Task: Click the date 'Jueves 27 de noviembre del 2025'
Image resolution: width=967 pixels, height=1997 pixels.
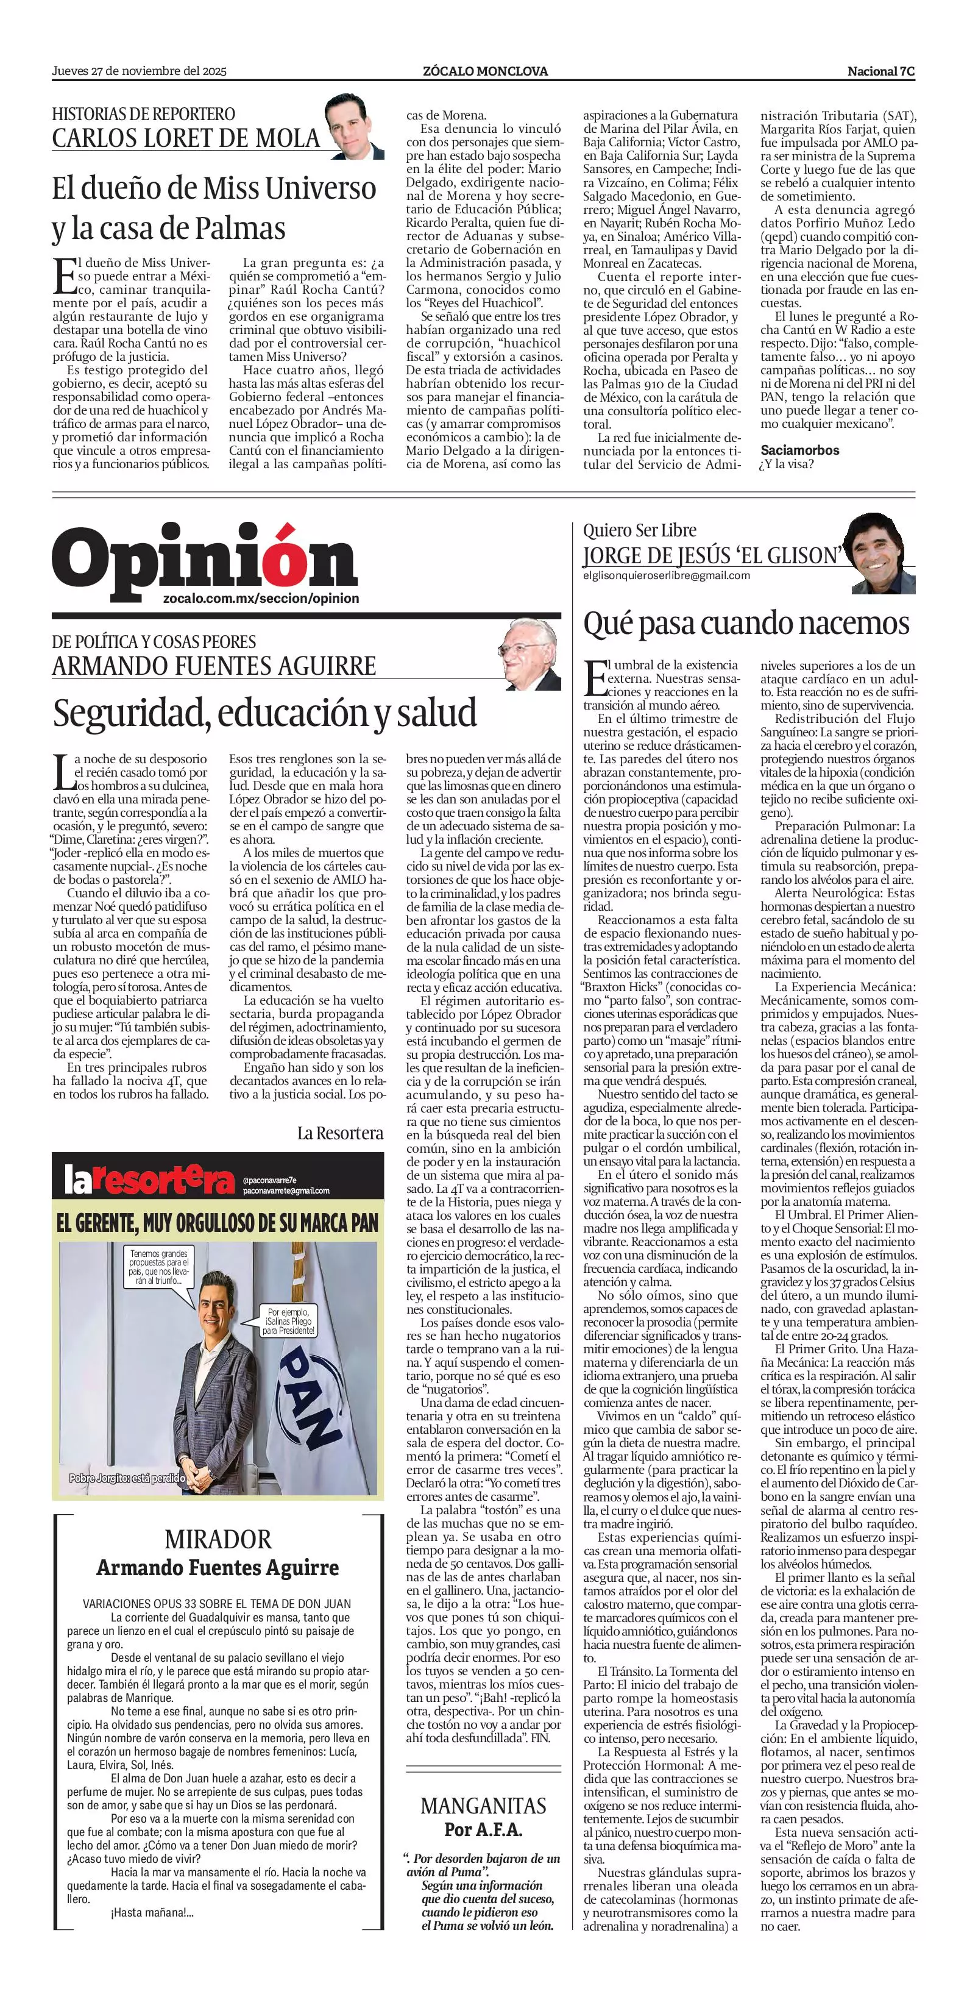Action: click(139, 71)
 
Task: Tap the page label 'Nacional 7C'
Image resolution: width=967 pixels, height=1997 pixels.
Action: click(881, 71)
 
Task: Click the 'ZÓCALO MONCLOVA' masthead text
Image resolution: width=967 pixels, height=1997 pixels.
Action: click(485, 71)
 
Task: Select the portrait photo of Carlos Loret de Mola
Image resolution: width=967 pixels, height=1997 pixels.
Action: click(354, 126)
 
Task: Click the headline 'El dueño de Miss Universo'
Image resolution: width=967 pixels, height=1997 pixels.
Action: click(214, 188)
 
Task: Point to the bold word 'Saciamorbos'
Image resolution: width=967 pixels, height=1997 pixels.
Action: click(799, 450)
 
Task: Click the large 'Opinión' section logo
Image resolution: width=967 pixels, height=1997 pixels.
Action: click(205, 559)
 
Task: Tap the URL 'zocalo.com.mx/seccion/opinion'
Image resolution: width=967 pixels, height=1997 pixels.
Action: click(261, 599)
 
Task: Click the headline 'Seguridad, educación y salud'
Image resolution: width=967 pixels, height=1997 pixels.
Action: click(264, 713)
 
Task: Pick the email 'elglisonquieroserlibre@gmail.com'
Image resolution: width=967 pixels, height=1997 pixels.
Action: click(667, 575)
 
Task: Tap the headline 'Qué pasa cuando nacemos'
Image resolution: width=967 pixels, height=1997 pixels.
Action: click(746, 622)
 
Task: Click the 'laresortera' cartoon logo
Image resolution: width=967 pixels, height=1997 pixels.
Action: click(149, 1181)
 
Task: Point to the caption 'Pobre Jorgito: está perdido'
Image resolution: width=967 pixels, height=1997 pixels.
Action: click(127, 1478)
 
